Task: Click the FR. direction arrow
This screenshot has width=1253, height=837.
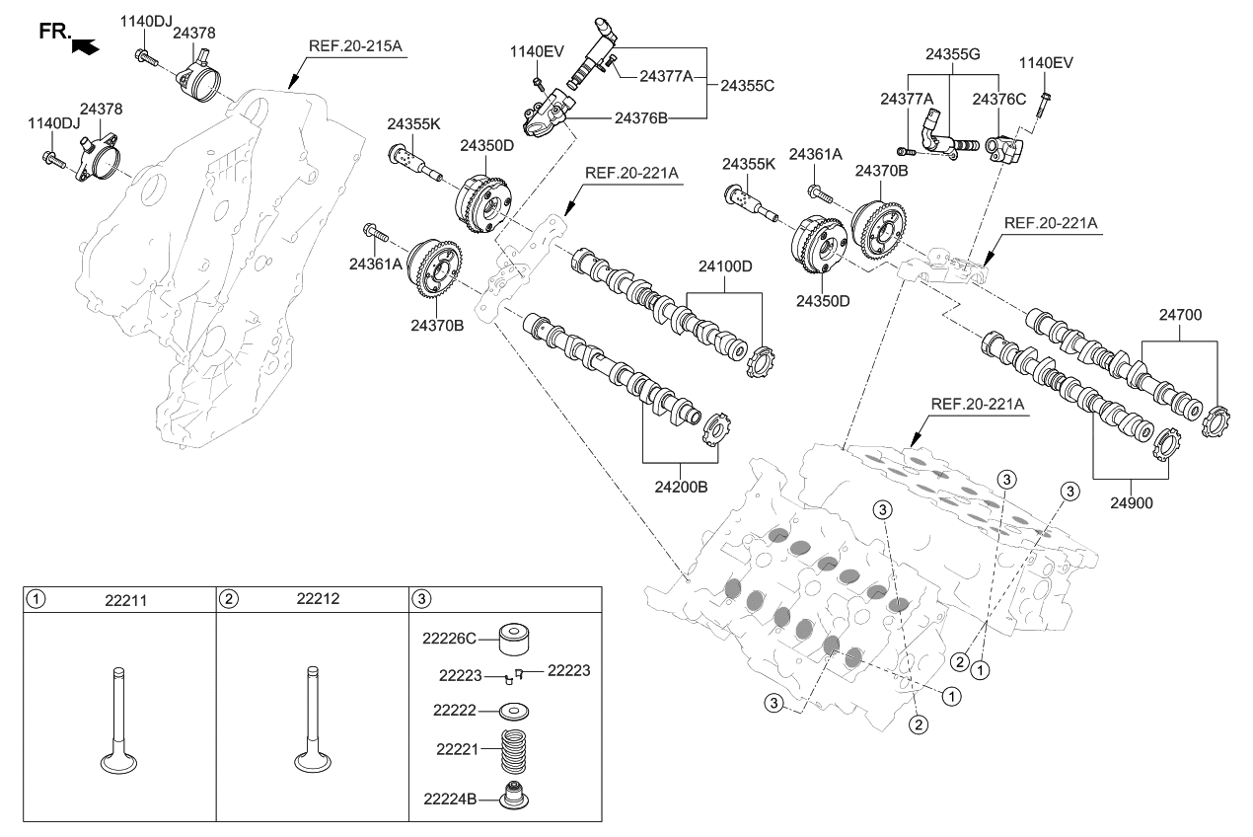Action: [86, 46]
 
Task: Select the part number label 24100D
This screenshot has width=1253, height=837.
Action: [725, 266]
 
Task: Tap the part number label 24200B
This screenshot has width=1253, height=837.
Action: [681, 487]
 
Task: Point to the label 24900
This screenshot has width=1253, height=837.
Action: [1131, 503]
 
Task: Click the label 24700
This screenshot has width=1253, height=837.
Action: [1180, 315]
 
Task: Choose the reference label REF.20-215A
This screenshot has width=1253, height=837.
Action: [355, 45]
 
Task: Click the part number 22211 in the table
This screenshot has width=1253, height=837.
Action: [126, 600]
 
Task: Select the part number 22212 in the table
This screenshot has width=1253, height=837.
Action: [318, 599]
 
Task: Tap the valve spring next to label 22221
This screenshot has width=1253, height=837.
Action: [513, 751]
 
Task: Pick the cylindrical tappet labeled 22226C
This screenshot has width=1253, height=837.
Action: [513, 639]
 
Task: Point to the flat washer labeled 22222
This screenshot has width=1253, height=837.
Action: [513, 711]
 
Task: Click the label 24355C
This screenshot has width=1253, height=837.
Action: [747, 86]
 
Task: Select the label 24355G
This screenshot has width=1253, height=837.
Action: [953, 54]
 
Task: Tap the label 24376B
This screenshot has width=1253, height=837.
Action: [641, 118]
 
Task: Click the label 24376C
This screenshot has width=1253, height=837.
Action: [999, 99]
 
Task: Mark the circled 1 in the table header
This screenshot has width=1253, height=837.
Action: [36, 600]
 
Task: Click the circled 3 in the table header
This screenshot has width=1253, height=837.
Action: [421, 599]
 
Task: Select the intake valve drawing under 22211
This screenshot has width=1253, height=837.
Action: [118, 722]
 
